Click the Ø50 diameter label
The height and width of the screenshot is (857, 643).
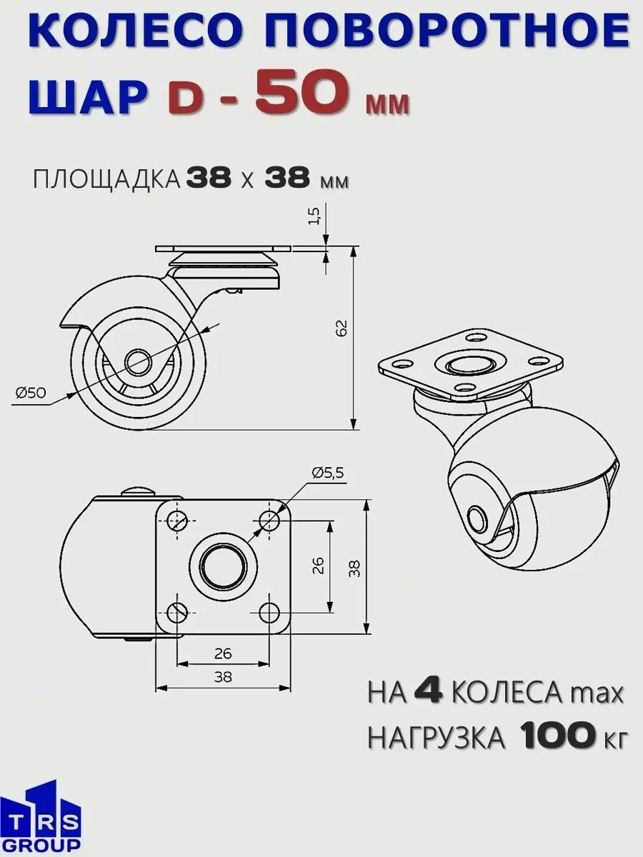pos(31,392)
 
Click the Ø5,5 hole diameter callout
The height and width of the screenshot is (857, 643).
pos(327,472)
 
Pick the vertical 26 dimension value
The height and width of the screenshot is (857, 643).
pos(319,565)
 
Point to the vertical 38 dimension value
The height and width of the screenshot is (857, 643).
pos(354,567)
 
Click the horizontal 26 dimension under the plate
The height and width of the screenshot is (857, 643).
pos(223,653)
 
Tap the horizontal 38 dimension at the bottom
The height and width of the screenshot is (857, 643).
pos(223,678)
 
